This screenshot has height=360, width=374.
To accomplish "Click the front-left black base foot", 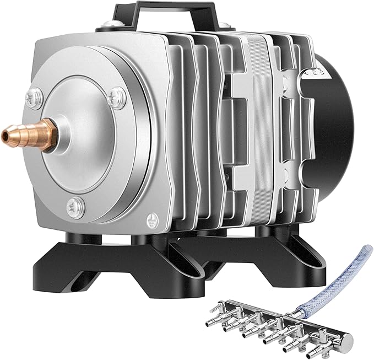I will point(72,265).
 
